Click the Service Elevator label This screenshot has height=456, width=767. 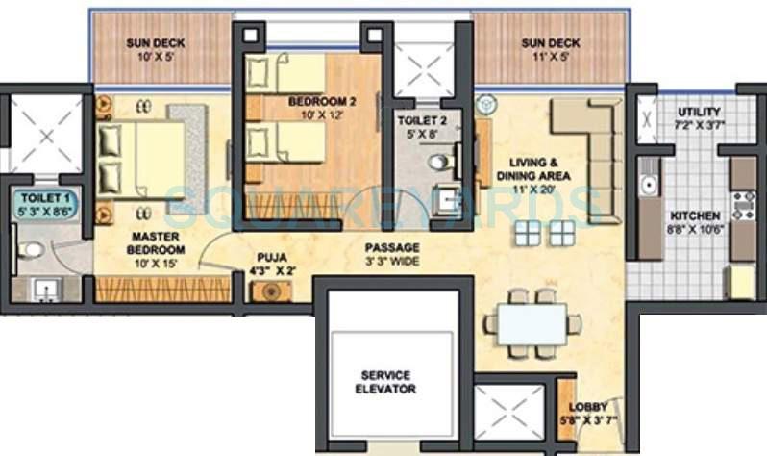tap(388, 382)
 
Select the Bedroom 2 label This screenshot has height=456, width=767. tap(313, 107)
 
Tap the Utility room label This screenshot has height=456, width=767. tap(699, 118)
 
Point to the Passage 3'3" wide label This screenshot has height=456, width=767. tap(391, 254)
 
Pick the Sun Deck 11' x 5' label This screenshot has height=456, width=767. tap(550, 50)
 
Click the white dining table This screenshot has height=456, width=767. tap(532, 324)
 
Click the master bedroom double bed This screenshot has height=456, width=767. tap(144, 159)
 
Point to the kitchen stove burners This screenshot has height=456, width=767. tap(742, 206)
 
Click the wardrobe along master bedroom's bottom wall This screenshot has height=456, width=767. tap(163, 289)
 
